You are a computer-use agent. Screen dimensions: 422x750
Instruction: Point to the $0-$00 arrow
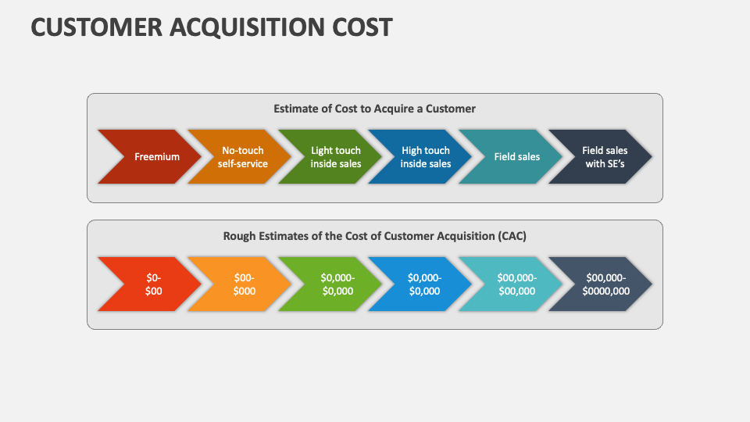pyautogui.click(x=153, y=284)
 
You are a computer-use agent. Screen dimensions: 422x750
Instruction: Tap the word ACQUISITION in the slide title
pyautogui.click(x=252, y=27)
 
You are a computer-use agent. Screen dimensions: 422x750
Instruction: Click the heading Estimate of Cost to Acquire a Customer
pyautogui.click(x=374, y=109)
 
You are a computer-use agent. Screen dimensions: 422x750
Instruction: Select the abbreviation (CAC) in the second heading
pyautogui.click(x=512, y=235)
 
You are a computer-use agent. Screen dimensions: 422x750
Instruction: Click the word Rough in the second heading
pyautogui.click(x=238, y=235)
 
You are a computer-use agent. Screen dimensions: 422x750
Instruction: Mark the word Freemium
pyautogui.click(x=156, y=156)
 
